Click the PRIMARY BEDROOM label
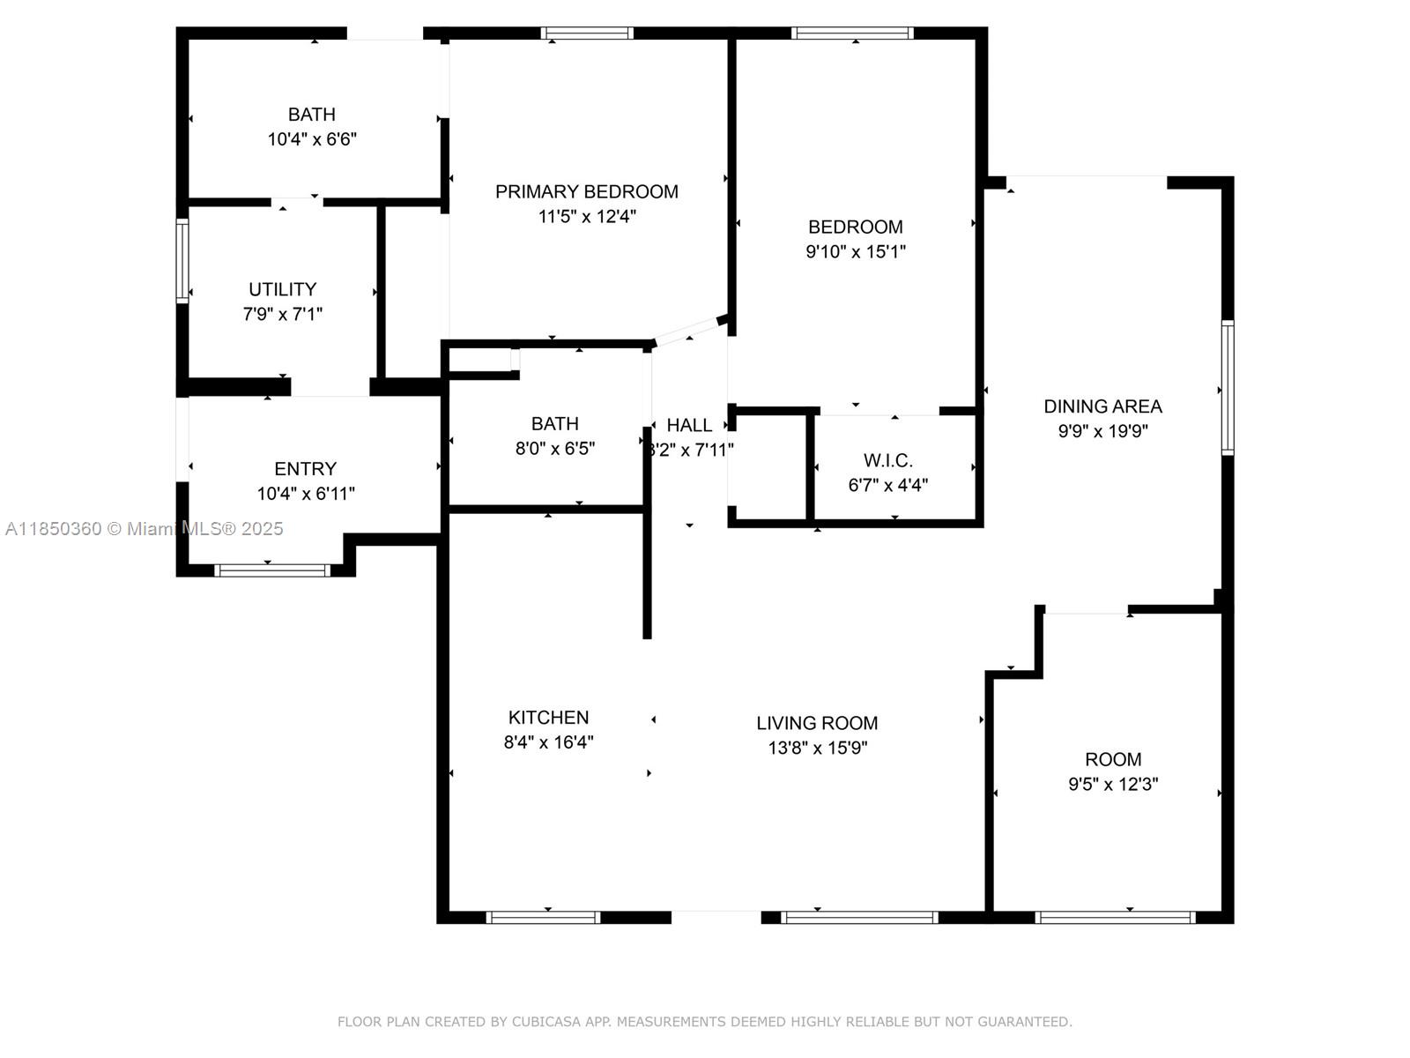[x=587, y=191]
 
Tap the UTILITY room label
[x=283, y=289]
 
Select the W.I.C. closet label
[x=887, y=460]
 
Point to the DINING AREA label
[x=1102, y=406]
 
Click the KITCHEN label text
[x=549, y=717]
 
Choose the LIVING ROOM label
[x=817, y=723]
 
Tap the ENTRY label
[x=306, y=468]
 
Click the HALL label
[x=689, y=425]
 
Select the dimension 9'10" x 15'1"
[x=856, y=251]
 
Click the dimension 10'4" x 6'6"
[x=312, y=138]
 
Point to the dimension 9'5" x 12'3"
[x=1113, y=784]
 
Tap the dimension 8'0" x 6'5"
[x=555, y=449]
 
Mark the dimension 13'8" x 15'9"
[x=818, y=748]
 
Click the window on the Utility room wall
[x=182, y=260]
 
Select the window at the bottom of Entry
[x=272, y=570]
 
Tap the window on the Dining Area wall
[x=1228, y=387]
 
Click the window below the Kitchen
[x=543, y=917]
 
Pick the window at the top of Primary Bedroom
[x=587, y=34]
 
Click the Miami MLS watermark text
[x=144, y=528]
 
